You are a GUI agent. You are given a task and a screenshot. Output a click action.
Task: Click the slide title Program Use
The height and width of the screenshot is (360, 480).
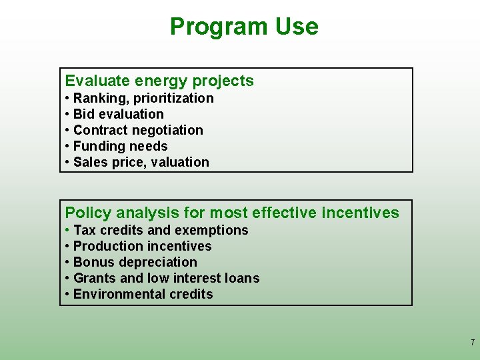pyautogui.click(x=244, y=27)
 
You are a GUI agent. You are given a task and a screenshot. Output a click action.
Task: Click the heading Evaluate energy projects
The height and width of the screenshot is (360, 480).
pyautogui.click(x=159, y=81)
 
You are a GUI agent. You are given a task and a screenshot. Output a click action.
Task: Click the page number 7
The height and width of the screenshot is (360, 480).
pyautogui.click(x=473, y=343)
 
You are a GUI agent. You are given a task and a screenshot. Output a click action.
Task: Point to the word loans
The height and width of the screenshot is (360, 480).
pyautogui.click(x=241, y=278)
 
